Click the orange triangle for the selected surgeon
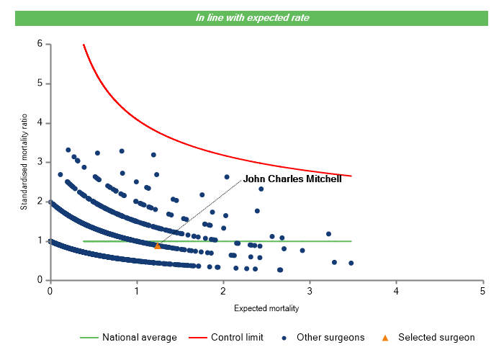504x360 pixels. (x=158, y=246)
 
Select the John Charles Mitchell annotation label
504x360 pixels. (x=292, y=179)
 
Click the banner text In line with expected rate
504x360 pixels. (x=252, y=17)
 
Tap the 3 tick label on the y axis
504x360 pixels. (x=39, y=162)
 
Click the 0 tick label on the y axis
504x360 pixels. (x=39, y=280)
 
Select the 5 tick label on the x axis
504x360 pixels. (x=482, y=292)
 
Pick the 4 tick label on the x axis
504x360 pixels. (x=396, y=292)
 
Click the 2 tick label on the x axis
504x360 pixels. (x=223, y=292)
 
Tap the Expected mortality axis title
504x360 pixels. (x=266, y=308)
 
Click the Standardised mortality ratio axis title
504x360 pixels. (x=23, y=162)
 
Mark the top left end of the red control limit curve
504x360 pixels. (x=84, y=45)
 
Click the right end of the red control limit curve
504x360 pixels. (x=351, y=176)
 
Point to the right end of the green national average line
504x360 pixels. (x=351, y=241)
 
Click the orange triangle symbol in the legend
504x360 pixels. (x=385, y=338)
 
